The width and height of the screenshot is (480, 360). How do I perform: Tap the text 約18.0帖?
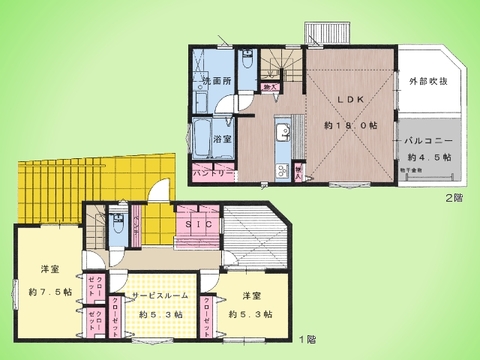click(348, 127)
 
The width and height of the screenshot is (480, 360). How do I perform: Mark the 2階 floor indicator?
click(454, 197)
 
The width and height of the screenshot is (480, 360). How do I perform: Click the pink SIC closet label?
click(197, 226)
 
